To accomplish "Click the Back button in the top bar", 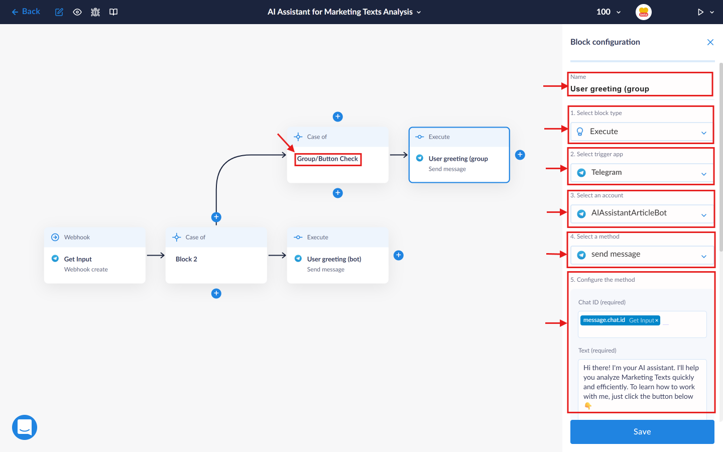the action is (26, 12).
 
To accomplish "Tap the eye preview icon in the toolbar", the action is (77, 12).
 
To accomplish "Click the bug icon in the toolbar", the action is (95, 12).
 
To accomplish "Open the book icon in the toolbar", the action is (113, 12).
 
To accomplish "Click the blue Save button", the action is (642, 431).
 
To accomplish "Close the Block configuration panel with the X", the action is (710, 42).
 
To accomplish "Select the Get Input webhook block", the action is (94, 255).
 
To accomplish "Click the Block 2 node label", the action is (186, 259).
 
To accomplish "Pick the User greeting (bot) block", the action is (337, 255).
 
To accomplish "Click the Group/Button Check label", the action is (327, 159).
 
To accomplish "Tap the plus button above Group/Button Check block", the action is (337, 117).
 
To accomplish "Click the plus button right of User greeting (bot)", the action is (398, 255).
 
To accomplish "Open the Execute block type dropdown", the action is (642, 132).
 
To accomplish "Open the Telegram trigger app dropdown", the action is (642, 172).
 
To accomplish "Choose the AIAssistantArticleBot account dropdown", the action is (642, 213).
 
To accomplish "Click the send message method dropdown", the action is (642, 255).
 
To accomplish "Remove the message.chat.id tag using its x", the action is (657, 320).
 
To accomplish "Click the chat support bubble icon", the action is (25, 427).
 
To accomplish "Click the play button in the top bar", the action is (700, 12).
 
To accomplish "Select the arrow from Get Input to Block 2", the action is (156, 255).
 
